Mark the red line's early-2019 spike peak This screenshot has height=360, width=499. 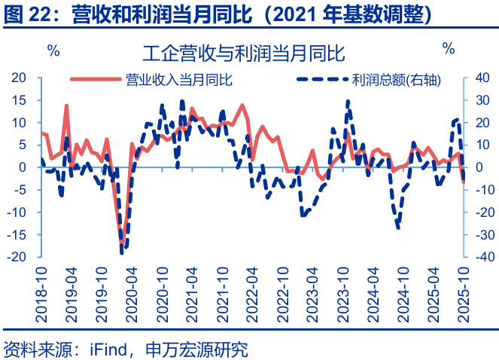pyautogui.click(x=66, y=105)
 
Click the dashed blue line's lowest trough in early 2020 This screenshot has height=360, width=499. pyautogui.click(x=122, y=252)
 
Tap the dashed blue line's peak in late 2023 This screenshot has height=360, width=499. pyautogui.click(x=348, y=101)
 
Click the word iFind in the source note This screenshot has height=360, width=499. pyautogui.click(x=107, y=349)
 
